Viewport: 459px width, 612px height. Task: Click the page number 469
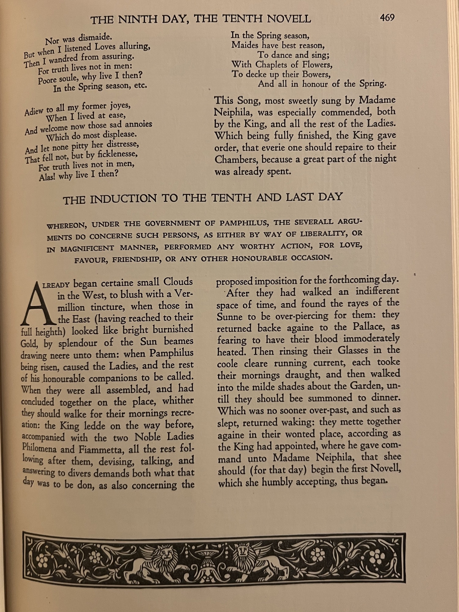pyautogui.click(x=387, y=18)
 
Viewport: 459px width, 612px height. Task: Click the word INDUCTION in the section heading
pyautogui.click(x=123, y=199)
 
